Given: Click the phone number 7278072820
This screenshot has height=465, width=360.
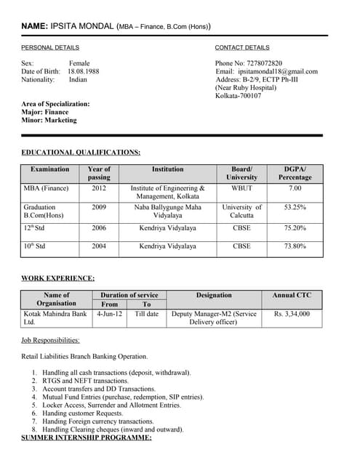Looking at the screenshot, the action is [263, 63].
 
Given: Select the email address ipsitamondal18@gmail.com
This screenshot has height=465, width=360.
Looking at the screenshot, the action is [278, 71].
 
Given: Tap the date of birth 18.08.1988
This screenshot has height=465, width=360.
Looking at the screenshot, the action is [84, 71].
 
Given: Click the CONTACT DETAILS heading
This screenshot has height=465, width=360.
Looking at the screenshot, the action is [242, 47].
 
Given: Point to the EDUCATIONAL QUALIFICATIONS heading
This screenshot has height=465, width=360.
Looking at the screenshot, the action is [81, 152].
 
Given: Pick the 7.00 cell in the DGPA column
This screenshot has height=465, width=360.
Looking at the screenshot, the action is [295, 188].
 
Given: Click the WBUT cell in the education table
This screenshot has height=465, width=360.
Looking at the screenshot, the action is [241, 188].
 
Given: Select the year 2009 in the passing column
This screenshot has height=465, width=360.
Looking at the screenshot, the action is [99, 207].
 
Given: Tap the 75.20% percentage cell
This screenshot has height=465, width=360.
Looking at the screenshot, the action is [295, 227].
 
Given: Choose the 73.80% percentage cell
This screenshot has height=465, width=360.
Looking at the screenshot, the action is [295, 246].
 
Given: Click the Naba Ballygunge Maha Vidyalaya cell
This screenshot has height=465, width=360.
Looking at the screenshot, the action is [167, 211].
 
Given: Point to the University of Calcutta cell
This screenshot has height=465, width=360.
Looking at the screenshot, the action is [241, 211].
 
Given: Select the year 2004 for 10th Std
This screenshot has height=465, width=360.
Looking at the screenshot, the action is [99, 246].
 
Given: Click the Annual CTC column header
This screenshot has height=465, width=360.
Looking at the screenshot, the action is [291, 295].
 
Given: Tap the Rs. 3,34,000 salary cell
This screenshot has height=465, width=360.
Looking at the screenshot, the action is [291, 314].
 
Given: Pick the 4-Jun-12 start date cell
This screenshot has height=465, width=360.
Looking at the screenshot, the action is [109, 314].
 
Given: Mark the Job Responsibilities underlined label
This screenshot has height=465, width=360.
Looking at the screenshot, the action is [51, 340].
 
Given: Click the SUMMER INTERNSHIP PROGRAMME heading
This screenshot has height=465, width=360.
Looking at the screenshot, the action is [86, 437].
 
